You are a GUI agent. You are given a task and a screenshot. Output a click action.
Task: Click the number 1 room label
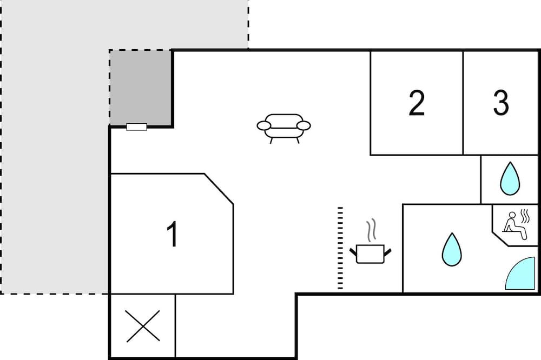pyautogui.click(x=173, y=234)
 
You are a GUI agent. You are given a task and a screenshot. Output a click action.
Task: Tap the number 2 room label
pyautogui.click(x=417, y=103)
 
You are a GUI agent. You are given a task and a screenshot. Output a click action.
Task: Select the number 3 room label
pyautogui.click(x=500, y=103)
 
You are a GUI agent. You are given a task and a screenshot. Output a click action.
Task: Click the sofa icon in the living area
pyautogui.click(x=283, y=128)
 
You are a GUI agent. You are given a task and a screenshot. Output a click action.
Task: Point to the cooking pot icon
pyautogui.click(x=371, y=254)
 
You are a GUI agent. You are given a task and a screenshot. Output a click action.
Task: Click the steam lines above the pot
pyautogui.click(x=371, y=230)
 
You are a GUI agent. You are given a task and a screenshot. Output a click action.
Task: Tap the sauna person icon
pyautogui.click(x=514, y=226)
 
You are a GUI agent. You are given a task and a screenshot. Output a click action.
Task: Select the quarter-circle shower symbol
pyautogui.click(x=520, y=273)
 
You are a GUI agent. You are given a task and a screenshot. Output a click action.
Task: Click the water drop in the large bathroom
pyautogui.click(x=452, y=250)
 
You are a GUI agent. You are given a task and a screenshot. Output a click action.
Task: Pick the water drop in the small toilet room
pyautogui.click(x=510, y=178)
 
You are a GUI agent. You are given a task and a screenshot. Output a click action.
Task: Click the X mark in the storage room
pyautogui.click(x=143, y=326)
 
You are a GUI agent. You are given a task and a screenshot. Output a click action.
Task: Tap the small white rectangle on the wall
pyautogui.click(x=137, y=127)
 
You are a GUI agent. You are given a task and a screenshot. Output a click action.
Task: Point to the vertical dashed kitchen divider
pyautogui.click(x=340, y=248)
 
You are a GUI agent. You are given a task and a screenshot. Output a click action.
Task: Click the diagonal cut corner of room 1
pyautogui.click(x=219, y=189)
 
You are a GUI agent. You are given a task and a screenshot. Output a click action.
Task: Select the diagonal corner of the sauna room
pyautogui.click(x=500, y=239)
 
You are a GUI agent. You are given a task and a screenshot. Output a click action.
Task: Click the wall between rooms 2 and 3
pyautogui.click(x=463, y=103)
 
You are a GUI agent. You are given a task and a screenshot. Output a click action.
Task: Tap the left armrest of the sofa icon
pyautogui.click(x=263, y=126)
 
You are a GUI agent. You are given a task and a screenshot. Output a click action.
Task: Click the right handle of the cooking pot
pyautogui.click(x=388, y=252)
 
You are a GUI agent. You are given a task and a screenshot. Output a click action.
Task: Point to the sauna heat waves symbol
pyautogui.click(x=524, y=216)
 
